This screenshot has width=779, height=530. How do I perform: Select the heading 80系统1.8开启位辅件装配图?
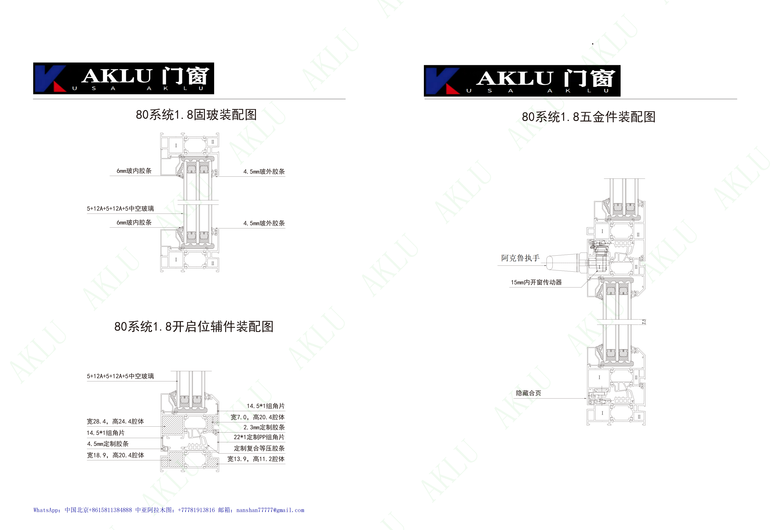coord(194,326)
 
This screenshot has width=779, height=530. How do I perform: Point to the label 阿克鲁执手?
coord(520,258)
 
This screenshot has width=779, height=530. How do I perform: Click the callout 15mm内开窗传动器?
coord(536,283)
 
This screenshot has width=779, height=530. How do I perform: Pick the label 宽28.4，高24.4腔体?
coord(115,421)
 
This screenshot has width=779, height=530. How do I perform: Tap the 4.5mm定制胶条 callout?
coord(108,444)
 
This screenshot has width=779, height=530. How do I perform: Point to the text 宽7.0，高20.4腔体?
coord(257,417)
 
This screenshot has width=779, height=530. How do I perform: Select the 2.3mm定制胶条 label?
coord(264,427)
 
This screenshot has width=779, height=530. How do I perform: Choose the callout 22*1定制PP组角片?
coord(259,437)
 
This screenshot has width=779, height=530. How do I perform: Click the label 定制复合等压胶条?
coord(259,448)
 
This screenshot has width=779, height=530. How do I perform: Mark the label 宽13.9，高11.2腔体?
coord(256,459)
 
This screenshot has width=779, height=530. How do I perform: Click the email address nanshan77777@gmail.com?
coord(270,510)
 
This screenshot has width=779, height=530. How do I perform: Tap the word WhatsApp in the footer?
coord(46,510)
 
